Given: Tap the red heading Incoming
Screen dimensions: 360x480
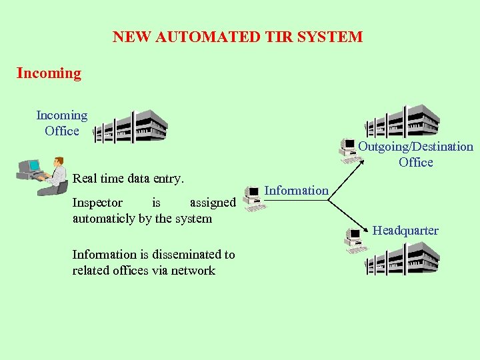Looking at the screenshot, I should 49,73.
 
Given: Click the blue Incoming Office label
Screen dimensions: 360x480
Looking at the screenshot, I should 61,123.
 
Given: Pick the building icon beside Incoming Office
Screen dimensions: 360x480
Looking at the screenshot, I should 131,127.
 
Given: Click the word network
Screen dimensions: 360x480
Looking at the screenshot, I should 193,271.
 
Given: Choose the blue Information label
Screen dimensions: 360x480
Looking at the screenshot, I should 297,191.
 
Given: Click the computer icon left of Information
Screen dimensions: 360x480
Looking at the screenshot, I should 253,199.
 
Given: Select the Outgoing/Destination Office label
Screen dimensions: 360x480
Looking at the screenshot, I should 415,154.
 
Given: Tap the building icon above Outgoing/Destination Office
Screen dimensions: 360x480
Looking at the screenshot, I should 402,120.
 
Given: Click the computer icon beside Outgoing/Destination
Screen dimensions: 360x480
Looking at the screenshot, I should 348,150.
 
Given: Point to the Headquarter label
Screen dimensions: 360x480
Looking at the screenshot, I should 405,231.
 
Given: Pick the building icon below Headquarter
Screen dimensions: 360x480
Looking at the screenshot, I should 402,259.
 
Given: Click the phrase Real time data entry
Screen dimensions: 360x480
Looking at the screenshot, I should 128,179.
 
